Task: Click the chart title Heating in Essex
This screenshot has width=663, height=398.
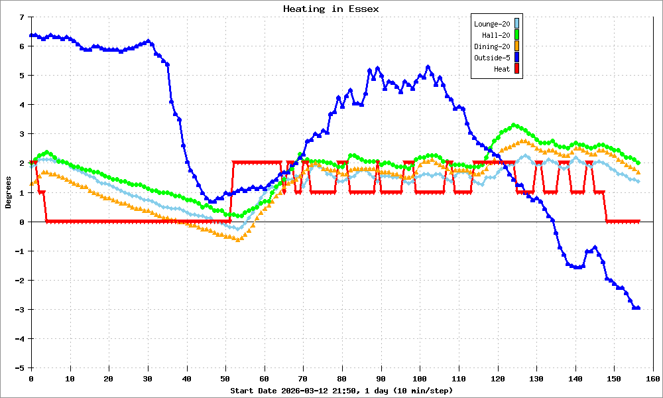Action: pos(331,9)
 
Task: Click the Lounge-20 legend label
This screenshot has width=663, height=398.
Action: pos(492,24)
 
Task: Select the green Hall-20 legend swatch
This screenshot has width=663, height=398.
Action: pos(516,35)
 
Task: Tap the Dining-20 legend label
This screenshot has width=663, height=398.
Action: pos(492,46)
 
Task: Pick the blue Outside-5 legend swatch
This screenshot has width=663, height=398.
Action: pos(516,58)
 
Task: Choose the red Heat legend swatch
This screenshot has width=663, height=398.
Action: pos(516,68)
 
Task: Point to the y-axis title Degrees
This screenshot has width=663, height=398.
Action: pos(9,192)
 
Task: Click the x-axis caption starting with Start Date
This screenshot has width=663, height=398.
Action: pos(341,391)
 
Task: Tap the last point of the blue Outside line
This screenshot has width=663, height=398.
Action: pos(638,308)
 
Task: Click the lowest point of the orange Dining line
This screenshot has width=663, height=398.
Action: pos(237,239)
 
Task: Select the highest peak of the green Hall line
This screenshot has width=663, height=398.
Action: pos(514,125)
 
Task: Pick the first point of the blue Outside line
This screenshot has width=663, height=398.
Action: pos(31,35)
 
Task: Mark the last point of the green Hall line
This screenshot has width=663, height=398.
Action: pos(638,163)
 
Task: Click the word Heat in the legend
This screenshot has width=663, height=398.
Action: pos(502,69)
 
